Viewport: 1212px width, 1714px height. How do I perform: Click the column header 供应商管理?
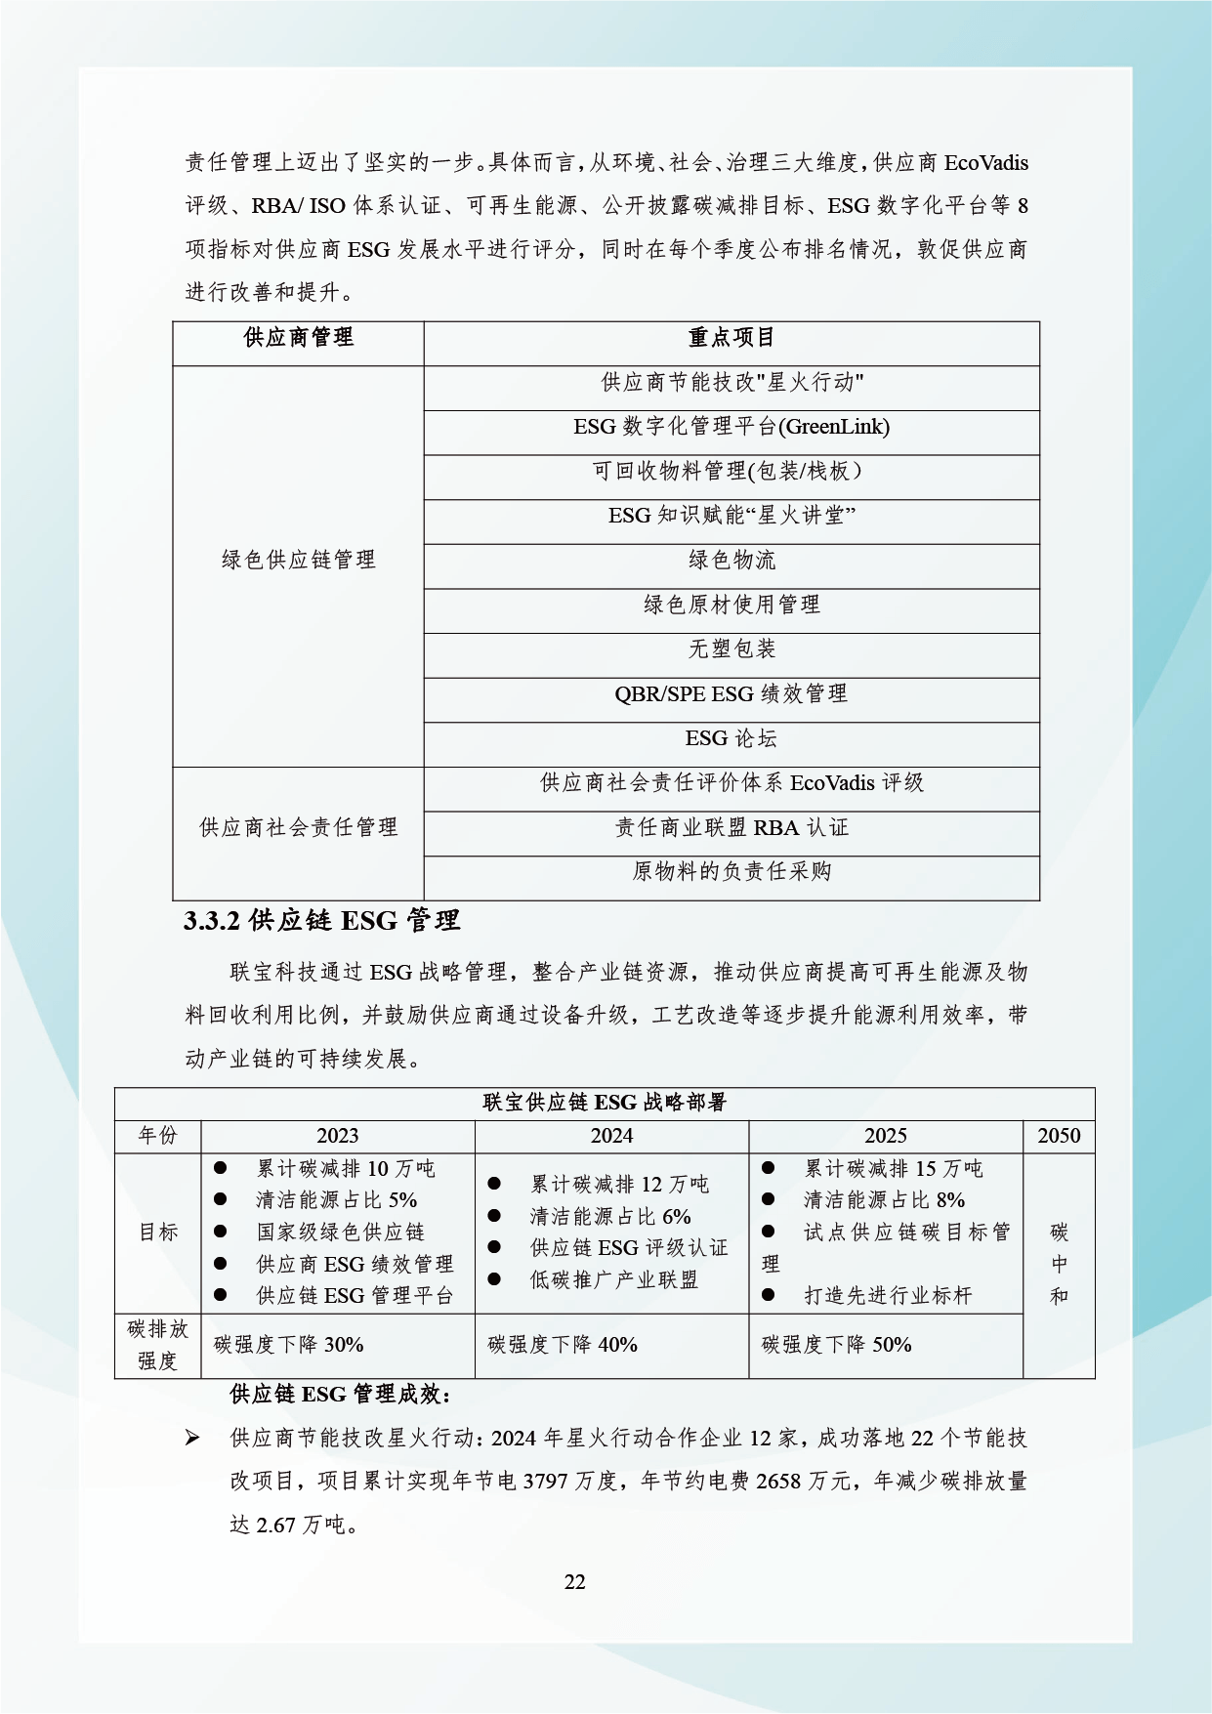pos(298,338)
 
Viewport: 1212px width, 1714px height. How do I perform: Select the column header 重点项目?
pos(731,338)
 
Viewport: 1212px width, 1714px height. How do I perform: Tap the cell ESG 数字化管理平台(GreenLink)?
pos(731,427)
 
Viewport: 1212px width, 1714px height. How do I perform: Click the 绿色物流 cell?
pos(731,561)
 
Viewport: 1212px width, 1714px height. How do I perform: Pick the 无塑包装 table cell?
pos(731,649)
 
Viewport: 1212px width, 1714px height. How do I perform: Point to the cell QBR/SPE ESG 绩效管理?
pos(731,694)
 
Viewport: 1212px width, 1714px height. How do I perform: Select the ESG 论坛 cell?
pos(731,739)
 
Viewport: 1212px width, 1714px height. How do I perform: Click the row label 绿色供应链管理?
pos(298,561)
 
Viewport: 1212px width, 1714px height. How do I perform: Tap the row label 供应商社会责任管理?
pos(298,828)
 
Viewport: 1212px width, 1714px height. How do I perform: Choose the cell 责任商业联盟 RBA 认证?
pos(731,828)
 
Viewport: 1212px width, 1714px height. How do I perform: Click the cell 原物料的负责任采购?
pos(731,872)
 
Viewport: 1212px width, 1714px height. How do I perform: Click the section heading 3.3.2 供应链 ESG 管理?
pos(321,921)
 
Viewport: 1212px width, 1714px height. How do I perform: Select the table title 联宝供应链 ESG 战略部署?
pos(605,1104)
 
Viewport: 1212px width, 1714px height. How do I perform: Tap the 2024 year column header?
pos(611,1136)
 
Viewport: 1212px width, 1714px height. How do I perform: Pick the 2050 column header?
pos(1059,1136)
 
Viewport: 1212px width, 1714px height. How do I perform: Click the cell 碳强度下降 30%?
pos(289,1345)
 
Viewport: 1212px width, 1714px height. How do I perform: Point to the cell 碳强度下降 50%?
pos(837,1345)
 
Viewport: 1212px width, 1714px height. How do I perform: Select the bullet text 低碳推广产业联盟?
pos(613,1280)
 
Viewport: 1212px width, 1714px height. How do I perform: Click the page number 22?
pos(575,1582)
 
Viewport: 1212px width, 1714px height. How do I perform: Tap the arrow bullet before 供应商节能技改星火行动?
pos(192,1439)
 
